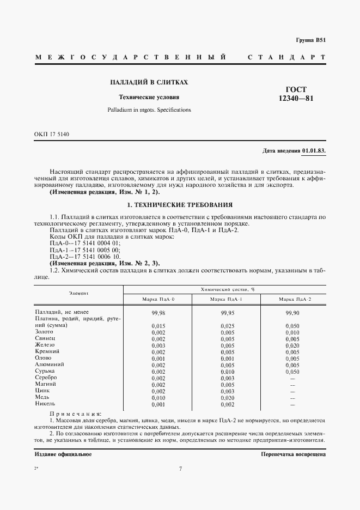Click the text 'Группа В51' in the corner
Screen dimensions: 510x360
(x=311, y=40)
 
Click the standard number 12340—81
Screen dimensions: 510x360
(x=296, y=99)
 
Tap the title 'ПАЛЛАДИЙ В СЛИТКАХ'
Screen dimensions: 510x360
(x=149, y=82)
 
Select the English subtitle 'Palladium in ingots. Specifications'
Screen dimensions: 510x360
(x=149, y=110)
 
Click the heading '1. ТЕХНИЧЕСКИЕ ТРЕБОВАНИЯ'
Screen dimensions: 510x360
(x=180, y=205)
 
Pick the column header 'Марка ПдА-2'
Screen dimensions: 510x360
(x=295, y=299)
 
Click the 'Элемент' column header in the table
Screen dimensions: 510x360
(x=78, y=293)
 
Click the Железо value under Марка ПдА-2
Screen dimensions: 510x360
(x=292, y=345)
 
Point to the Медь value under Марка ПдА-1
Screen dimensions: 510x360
(x=227, y=398)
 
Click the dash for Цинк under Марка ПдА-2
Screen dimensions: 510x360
(x=292, y=391)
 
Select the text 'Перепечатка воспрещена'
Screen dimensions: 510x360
(x=293, y=454)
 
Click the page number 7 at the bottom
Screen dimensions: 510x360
(x=180, y=469)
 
